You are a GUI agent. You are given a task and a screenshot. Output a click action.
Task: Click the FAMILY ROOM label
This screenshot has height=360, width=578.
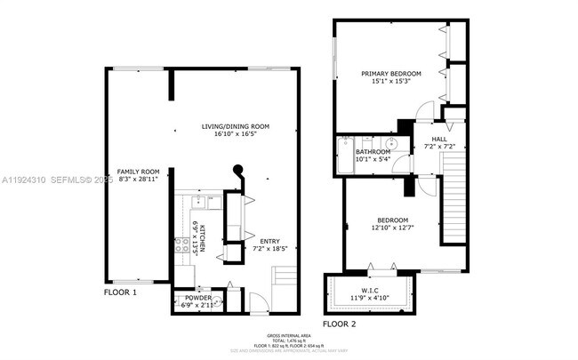pyautogui.click(x=138, y=172)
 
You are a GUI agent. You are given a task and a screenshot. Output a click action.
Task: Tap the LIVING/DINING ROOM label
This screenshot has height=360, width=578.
pyautogui.click(x=236, y=127)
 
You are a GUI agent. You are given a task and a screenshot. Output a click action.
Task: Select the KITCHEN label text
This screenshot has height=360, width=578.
pyautogui.click(x=203, y=237)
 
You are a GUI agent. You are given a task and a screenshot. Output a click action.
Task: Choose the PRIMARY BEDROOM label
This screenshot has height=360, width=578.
pyautogui.click(x=390, y=73)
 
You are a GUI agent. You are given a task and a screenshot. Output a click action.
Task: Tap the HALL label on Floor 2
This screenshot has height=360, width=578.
pyautogui.click(x=438, y=139)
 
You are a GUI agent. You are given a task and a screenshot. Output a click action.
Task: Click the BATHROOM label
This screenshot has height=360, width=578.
pyautogui.click(x=373, y=152)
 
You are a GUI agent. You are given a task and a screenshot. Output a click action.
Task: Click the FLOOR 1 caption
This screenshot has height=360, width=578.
pyautogui.click(x=121, y=292)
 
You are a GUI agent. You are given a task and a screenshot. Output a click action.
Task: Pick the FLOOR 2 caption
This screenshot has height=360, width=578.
pyautogui.click(x=339, y=324)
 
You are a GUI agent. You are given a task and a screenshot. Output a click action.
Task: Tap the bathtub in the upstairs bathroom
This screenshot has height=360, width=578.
pyautogui.click(x=344, y=156)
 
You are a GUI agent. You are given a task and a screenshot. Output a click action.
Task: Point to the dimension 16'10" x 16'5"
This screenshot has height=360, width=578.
pyautogui.click(x=236, y=136)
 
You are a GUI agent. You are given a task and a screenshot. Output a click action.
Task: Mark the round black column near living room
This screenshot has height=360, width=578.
pyautogui.click(x=237, y=171)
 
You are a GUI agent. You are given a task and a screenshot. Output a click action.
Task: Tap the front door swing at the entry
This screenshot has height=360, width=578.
pyautogui.click(x=254, y=302)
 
